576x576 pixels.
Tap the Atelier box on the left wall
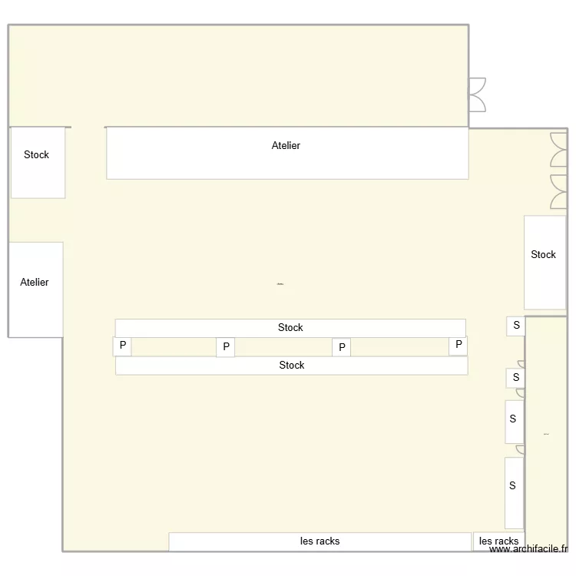(35, 290)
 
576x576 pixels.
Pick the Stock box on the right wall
(544, 263)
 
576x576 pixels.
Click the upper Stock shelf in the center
(290, 328)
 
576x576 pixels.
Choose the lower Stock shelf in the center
(291, 366)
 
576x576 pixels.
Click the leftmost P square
(122, 346)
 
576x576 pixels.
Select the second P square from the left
(226, 347)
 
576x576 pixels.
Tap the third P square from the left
(342, 348)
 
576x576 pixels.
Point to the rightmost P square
(458, 346)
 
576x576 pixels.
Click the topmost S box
(516, 326)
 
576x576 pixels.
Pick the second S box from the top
(515, 378)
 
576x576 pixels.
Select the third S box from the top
(513, 421)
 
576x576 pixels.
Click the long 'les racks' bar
(319, 541)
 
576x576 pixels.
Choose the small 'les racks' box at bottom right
(498, 541)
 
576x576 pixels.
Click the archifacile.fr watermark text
(529, 549)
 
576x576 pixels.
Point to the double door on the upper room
(477, 95)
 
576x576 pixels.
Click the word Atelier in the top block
(286, 145)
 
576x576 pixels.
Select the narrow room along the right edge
(546, 430)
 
